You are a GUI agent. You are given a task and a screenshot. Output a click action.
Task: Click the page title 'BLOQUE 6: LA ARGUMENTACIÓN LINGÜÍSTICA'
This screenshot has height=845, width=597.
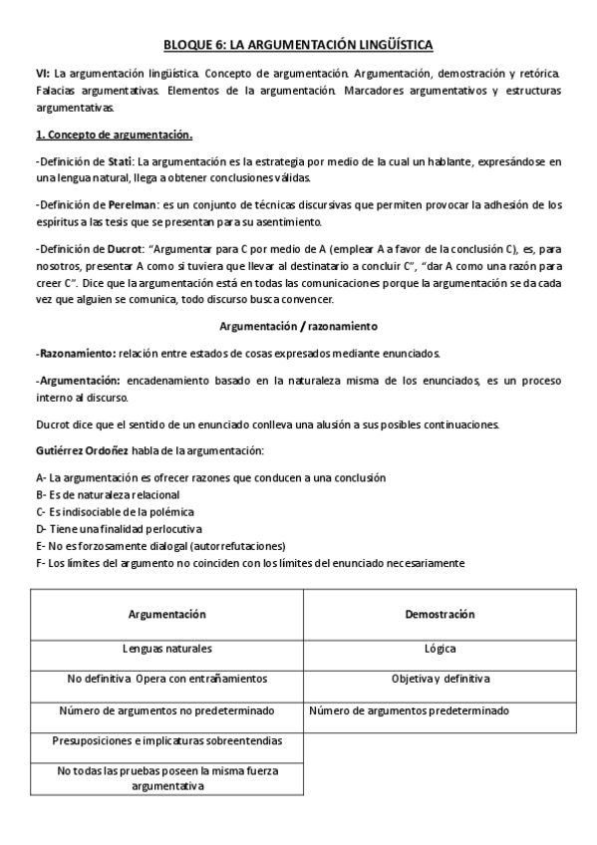coord(298,45)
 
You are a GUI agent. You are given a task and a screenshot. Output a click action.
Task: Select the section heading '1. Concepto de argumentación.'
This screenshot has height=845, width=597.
coord(114,135)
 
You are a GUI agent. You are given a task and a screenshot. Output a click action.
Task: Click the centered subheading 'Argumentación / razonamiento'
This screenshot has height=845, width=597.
coord(298,327)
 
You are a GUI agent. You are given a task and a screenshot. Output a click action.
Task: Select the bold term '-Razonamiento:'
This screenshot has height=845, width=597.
coord(75,353)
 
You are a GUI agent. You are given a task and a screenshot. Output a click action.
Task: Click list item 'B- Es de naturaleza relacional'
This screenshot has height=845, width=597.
coord(108,494)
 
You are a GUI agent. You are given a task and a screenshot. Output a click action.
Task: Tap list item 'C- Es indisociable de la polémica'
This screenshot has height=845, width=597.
coord(115,511)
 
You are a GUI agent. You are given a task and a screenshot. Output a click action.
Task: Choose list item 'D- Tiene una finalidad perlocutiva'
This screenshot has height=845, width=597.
coord(119,528)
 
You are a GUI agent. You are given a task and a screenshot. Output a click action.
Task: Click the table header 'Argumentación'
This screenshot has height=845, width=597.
coord(166,615)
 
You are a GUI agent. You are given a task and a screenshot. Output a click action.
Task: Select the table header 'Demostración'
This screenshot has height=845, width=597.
coord(439,615)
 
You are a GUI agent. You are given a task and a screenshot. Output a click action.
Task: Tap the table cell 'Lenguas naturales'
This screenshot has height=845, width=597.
coord(166,649)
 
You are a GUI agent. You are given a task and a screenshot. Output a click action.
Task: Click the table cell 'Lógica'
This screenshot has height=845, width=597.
coord(439,649)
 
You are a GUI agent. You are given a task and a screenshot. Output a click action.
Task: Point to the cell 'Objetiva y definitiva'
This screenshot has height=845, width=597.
coord(439,680)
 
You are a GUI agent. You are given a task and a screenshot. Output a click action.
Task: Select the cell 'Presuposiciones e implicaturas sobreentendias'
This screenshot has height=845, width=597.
coord(166,740)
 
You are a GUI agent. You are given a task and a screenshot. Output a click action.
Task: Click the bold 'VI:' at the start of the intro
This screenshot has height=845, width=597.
coord(43,75)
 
